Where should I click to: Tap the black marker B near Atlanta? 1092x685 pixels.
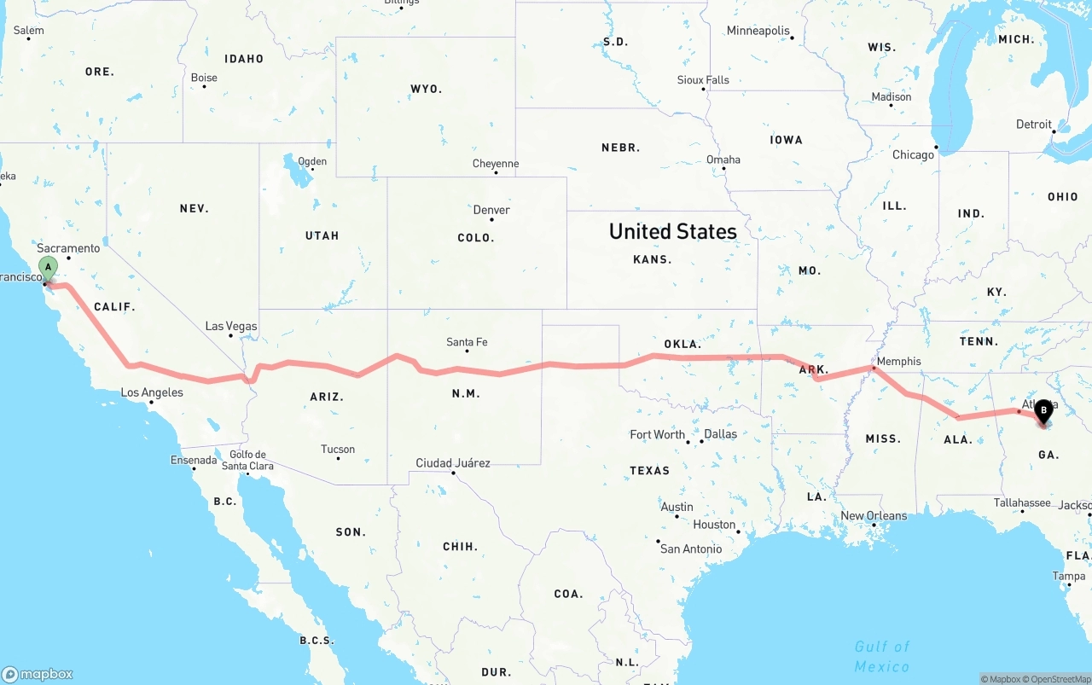[x=1043, y=412]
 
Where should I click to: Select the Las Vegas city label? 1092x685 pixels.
[x=230, y=326]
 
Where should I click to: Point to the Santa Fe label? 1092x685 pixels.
[x=467, y=342]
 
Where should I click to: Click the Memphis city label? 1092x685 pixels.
[x=898, y=361]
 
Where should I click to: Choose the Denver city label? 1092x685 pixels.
[x=491, y=210]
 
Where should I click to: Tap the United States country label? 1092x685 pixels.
[x=672, y=231]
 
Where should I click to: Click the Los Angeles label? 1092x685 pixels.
[x=152, y=392]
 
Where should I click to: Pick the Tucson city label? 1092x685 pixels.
[x=338, y=449]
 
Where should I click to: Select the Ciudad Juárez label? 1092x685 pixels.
[x=452, y=463]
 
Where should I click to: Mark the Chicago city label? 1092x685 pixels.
[x=913, y=155]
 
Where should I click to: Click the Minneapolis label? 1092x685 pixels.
[x=758, y=31]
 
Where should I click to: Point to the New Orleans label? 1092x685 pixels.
[x=874, y=515]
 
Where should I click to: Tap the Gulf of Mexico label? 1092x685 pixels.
[x=882, y=656]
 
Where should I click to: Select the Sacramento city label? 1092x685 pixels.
[x=68, y=248]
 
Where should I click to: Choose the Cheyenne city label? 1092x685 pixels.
[x=496, y=164]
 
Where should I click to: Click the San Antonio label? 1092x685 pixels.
[x=690, y=549]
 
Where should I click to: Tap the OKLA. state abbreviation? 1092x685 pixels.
[x=682, y=345]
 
